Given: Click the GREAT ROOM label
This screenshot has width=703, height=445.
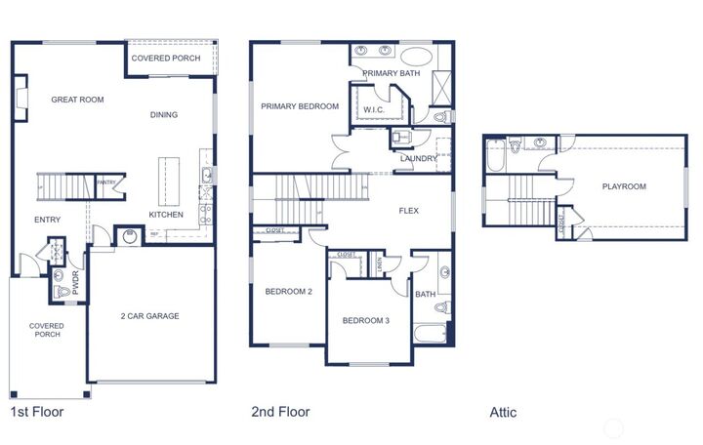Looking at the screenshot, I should click(x=77, y=100).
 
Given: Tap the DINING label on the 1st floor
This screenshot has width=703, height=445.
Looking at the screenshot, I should click(x=164, y=115).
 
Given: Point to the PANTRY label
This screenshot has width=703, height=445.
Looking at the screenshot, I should click(x=105, y=182).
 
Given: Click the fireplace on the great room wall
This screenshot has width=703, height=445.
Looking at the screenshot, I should click(x=19, y=99).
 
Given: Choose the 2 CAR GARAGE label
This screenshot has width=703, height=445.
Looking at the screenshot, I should click(x=149, y=316).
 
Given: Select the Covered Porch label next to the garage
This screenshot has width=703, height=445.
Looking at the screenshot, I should click(x=46, y=330).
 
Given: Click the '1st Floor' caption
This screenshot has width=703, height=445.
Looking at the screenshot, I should click(x=37, y=412).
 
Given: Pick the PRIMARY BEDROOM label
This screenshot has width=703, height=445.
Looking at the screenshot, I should click(x=300, y=106).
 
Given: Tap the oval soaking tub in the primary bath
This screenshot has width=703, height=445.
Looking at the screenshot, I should click(x=415, y=56).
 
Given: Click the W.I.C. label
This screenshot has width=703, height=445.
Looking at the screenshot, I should click(x=373, y=110).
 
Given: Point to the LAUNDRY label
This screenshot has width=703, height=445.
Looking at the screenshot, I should click(x=418, y=158).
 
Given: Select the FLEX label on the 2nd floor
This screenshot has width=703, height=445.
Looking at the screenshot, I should click(x=409, y=210).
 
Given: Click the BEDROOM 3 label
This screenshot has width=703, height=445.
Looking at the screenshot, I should click(x=365, y=321).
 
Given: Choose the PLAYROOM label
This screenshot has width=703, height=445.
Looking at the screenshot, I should click(x=623, y=186).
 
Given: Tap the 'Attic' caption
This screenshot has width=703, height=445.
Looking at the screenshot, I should click(x=503, y=413).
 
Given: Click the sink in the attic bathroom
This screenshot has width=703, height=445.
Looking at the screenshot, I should click(x=540, y=142).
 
